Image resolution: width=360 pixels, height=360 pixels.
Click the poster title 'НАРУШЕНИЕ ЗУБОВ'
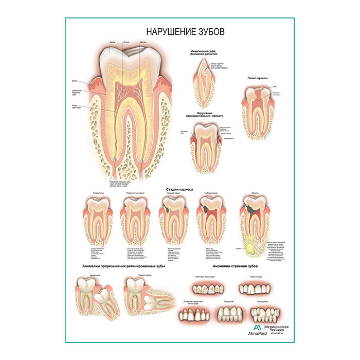(x=179, y=31)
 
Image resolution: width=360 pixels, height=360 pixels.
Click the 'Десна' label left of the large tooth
(x=75, y=80)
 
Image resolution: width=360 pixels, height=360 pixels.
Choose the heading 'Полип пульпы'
(x=259, y=78)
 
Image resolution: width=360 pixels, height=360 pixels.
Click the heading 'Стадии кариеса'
(x=179, y=189)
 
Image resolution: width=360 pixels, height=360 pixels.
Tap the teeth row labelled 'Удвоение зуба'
(x=253, y=287)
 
